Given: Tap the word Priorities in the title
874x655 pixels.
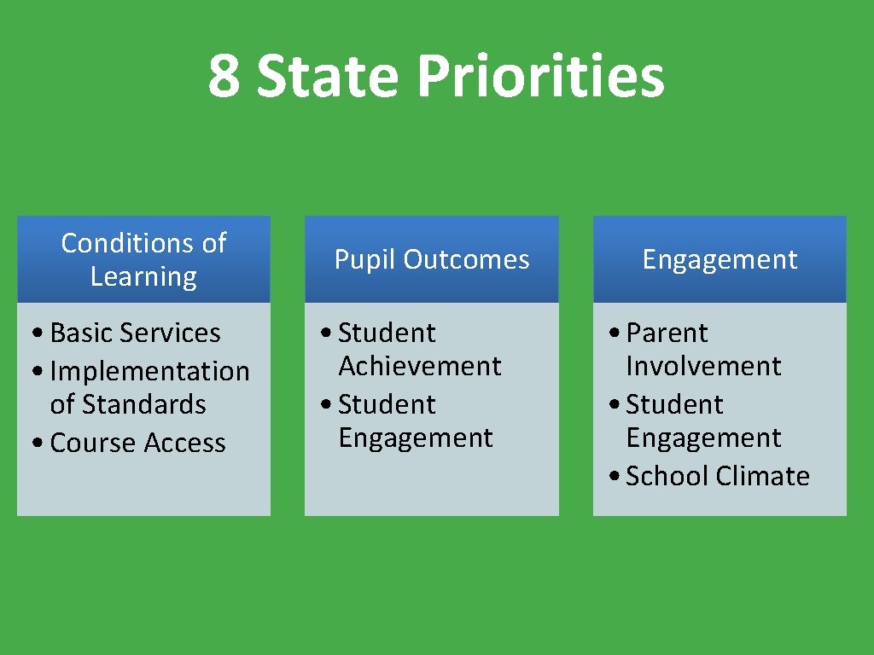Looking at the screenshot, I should click(540, 77).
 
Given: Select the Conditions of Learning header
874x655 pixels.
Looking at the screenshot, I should click(143, 259).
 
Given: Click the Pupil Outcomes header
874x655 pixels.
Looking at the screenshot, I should click(432, 259).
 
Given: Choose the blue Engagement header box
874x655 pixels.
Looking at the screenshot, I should click(720, 259).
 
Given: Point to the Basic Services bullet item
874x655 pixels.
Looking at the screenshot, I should click(135, 333).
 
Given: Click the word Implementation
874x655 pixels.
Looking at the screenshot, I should click(150, 371).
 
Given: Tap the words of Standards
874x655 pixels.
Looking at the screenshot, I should click(128, 404).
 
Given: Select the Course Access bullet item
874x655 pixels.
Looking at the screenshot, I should click(137, 443).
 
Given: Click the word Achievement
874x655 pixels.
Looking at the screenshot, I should click(420, 366).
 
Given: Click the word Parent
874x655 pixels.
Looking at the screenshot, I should click(667, 333).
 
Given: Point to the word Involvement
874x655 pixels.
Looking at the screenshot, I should click(703, 366).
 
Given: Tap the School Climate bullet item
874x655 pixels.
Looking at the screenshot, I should click(717, 476).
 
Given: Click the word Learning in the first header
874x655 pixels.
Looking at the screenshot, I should click(143, 276).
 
